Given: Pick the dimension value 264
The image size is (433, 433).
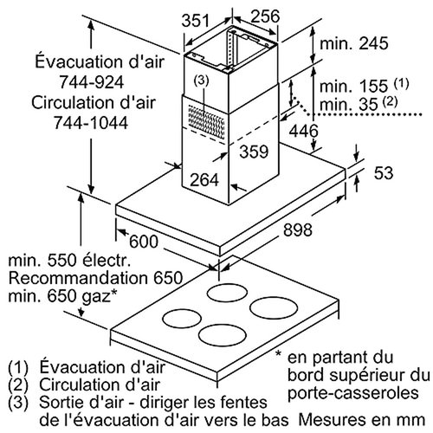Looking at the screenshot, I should click(205, 181).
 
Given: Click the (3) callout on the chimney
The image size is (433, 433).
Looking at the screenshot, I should click(201, 81).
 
